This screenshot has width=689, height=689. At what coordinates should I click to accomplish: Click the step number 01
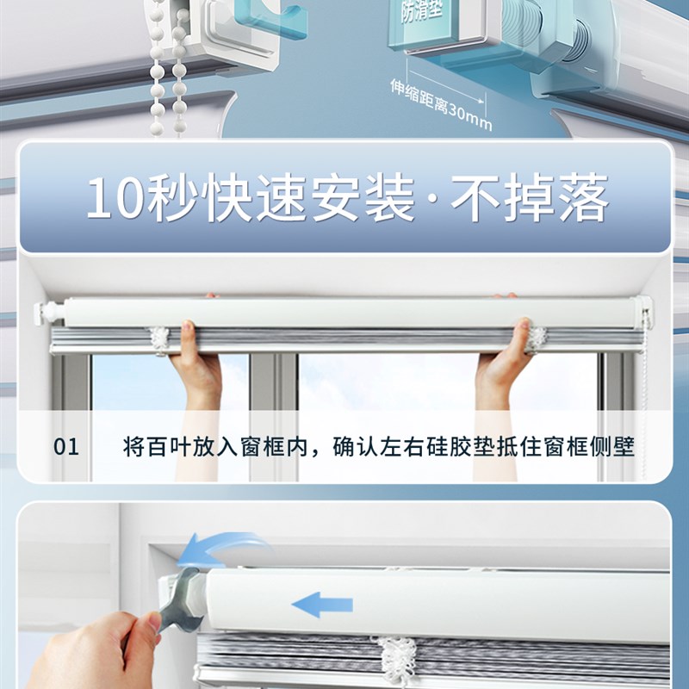(66, 448)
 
